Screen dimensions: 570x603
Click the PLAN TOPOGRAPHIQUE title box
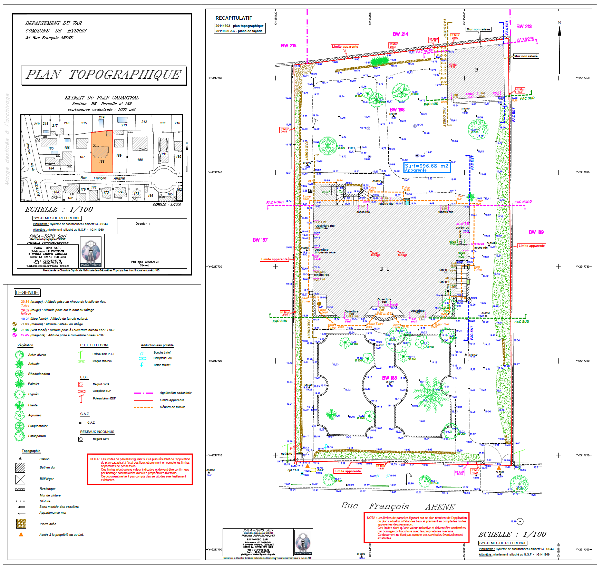point(104,75)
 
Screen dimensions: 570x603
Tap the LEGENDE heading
point(27,292)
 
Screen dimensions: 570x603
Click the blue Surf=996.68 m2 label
point(427,167)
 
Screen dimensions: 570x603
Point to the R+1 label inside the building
point(384,269)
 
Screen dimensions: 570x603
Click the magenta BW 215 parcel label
point(289,46)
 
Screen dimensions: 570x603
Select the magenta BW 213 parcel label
point(524,27)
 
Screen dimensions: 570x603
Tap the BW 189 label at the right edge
point(536,232)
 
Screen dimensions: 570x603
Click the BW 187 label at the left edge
point(260,240)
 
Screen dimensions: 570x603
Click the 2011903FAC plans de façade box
point(239,31)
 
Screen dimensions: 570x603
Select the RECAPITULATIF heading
point(234,18)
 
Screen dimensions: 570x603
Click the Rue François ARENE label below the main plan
point(398,506)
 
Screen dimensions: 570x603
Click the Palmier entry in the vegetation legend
point(33,384)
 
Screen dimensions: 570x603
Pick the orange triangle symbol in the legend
point(21,534)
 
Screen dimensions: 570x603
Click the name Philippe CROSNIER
point(145,262)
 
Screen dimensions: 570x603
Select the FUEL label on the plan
point(351,148)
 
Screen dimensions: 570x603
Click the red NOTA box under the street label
point(417,528)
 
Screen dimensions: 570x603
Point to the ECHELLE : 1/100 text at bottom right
point(512,534)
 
